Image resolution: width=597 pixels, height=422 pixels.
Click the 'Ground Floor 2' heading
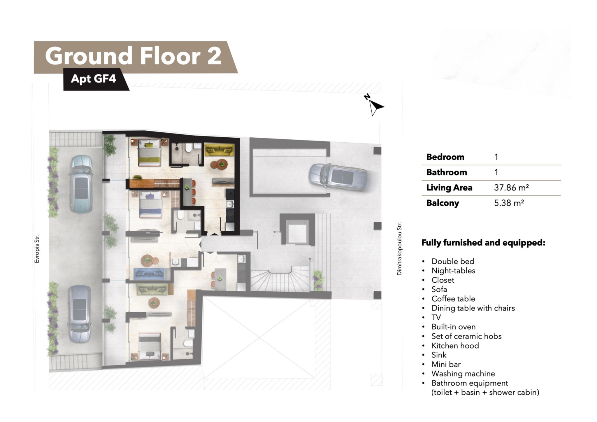(133, 56)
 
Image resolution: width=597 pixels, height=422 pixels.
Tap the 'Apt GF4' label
(93, 79)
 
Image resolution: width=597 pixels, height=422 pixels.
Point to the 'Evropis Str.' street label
(37, 249)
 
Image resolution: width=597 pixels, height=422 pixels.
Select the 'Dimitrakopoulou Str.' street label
(399, 249)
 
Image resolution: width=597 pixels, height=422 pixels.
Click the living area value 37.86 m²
(511, 188)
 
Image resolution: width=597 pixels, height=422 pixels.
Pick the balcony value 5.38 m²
(509, 203)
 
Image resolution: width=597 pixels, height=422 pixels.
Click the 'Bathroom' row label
(447, 172)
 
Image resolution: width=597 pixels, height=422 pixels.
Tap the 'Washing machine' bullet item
(463, 374)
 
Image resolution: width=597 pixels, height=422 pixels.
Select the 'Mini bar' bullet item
(446, 364)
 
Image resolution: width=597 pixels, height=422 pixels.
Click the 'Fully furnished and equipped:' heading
(483, 243)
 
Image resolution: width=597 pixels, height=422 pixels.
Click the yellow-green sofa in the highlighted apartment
(219, 150)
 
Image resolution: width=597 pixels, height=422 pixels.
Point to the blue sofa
(149, 274)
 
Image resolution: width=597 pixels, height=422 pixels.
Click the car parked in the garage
(338, 177)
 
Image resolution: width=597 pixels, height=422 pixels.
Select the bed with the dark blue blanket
(150, 204)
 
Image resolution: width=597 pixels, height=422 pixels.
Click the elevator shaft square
(297, 229)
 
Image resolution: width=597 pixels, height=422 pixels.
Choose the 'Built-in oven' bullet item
(454, 327)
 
